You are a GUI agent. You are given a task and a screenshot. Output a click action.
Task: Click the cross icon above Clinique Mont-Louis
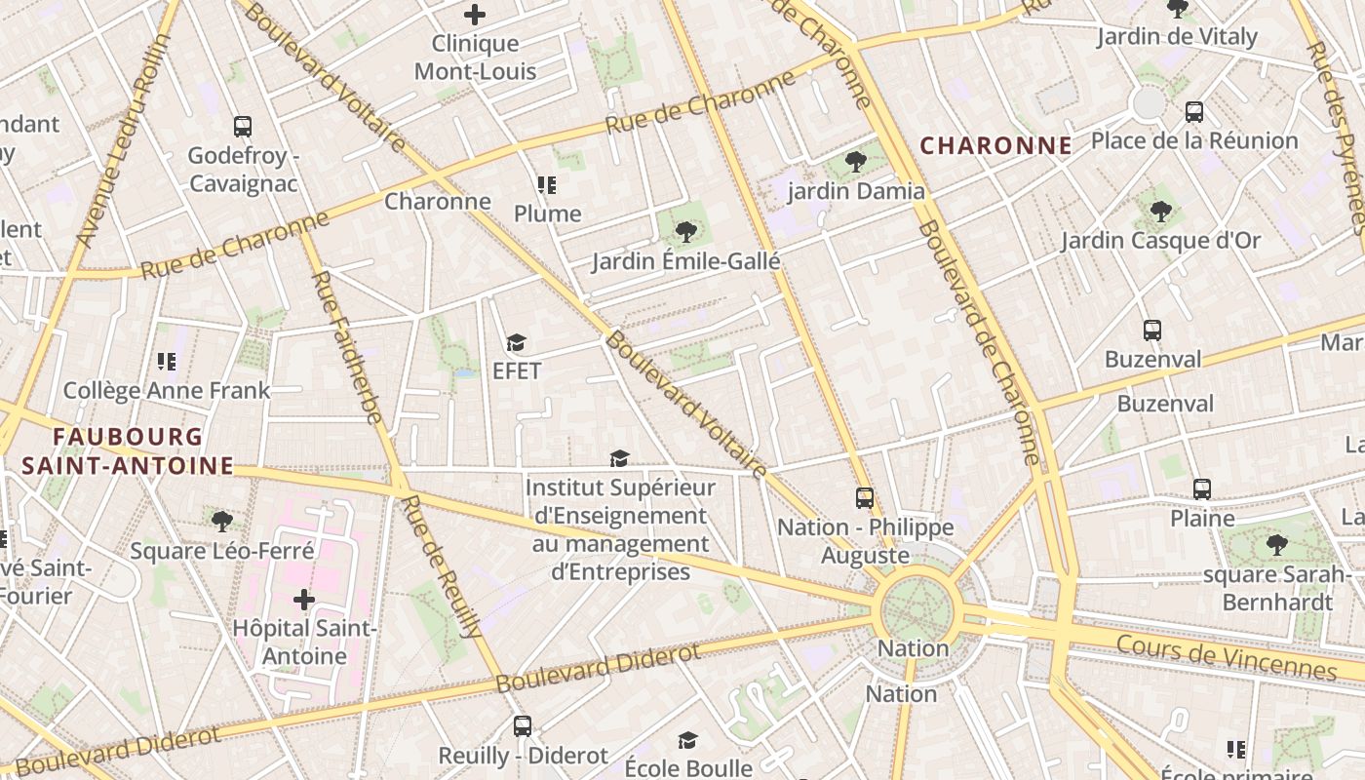point(475,15)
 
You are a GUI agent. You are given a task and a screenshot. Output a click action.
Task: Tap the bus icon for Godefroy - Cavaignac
point(243,127)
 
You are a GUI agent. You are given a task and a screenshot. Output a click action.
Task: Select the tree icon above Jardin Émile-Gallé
point(686,232)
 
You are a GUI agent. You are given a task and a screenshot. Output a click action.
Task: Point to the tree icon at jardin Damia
point(856,162)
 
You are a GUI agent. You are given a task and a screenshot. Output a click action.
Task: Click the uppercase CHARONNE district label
point(995,146)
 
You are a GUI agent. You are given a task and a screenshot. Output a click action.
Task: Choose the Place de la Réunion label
point(1194,140)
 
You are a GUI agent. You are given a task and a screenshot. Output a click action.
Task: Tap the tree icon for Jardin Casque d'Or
point(1160,212)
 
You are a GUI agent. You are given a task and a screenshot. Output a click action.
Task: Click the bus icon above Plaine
point(1202,489)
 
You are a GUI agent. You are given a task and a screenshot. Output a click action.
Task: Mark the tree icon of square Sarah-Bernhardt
point(1276,545)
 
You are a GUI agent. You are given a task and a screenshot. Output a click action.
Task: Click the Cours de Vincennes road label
point(1226,658)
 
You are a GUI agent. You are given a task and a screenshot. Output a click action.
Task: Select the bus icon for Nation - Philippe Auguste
point(864,498)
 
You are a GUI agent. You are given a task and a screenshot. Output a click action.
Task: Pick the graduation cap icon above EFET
point(516,343)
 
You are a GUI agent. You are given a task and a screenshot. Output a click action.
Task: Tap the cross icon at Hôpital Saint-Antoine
point(304,599)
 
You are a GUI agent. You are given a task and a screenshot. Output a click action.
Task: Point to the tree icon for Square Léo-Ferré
point(222,522)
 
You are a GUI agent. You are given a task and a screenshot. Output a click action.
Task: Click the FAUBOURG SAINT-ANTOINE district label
point(128,451)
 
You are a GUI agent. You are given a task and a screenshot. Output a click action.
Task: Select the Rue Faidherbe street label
point(346,346)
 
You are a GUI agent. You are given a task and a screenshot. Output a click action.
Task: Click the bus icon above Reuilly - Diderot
point(523,726)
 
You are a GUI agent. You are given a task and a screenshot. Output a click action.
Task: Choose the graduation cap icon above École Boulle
point(687,740)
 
